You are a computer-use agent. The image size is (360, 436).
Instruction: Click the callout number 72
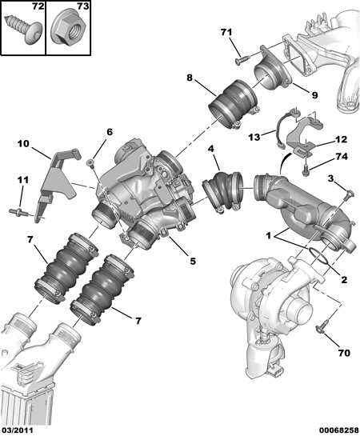click(x=38, y=6)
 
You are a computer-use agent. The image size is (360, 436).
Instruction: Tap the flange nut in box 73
click(x=68, y=30)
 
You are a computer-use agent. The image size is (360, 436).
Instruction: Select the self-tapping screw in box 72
click(x=23, y=29)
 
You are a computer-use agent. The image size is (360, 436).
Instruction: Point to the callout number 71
click(x=226, y=33)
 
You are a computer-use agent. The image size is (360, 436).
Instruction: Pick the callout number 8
click(x=190, y=78)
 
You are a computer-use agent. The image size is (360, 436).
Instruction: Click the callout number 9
click(x=314, y=95)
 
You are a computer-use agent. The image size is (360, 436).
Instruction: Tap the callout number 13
click(x=254, y=137)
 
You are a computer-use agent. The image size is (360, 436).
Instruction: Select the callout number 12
click(x=341, y=139)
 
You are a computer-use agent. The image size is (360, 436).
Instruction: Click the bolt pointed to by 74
click(x=305, y=170)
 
